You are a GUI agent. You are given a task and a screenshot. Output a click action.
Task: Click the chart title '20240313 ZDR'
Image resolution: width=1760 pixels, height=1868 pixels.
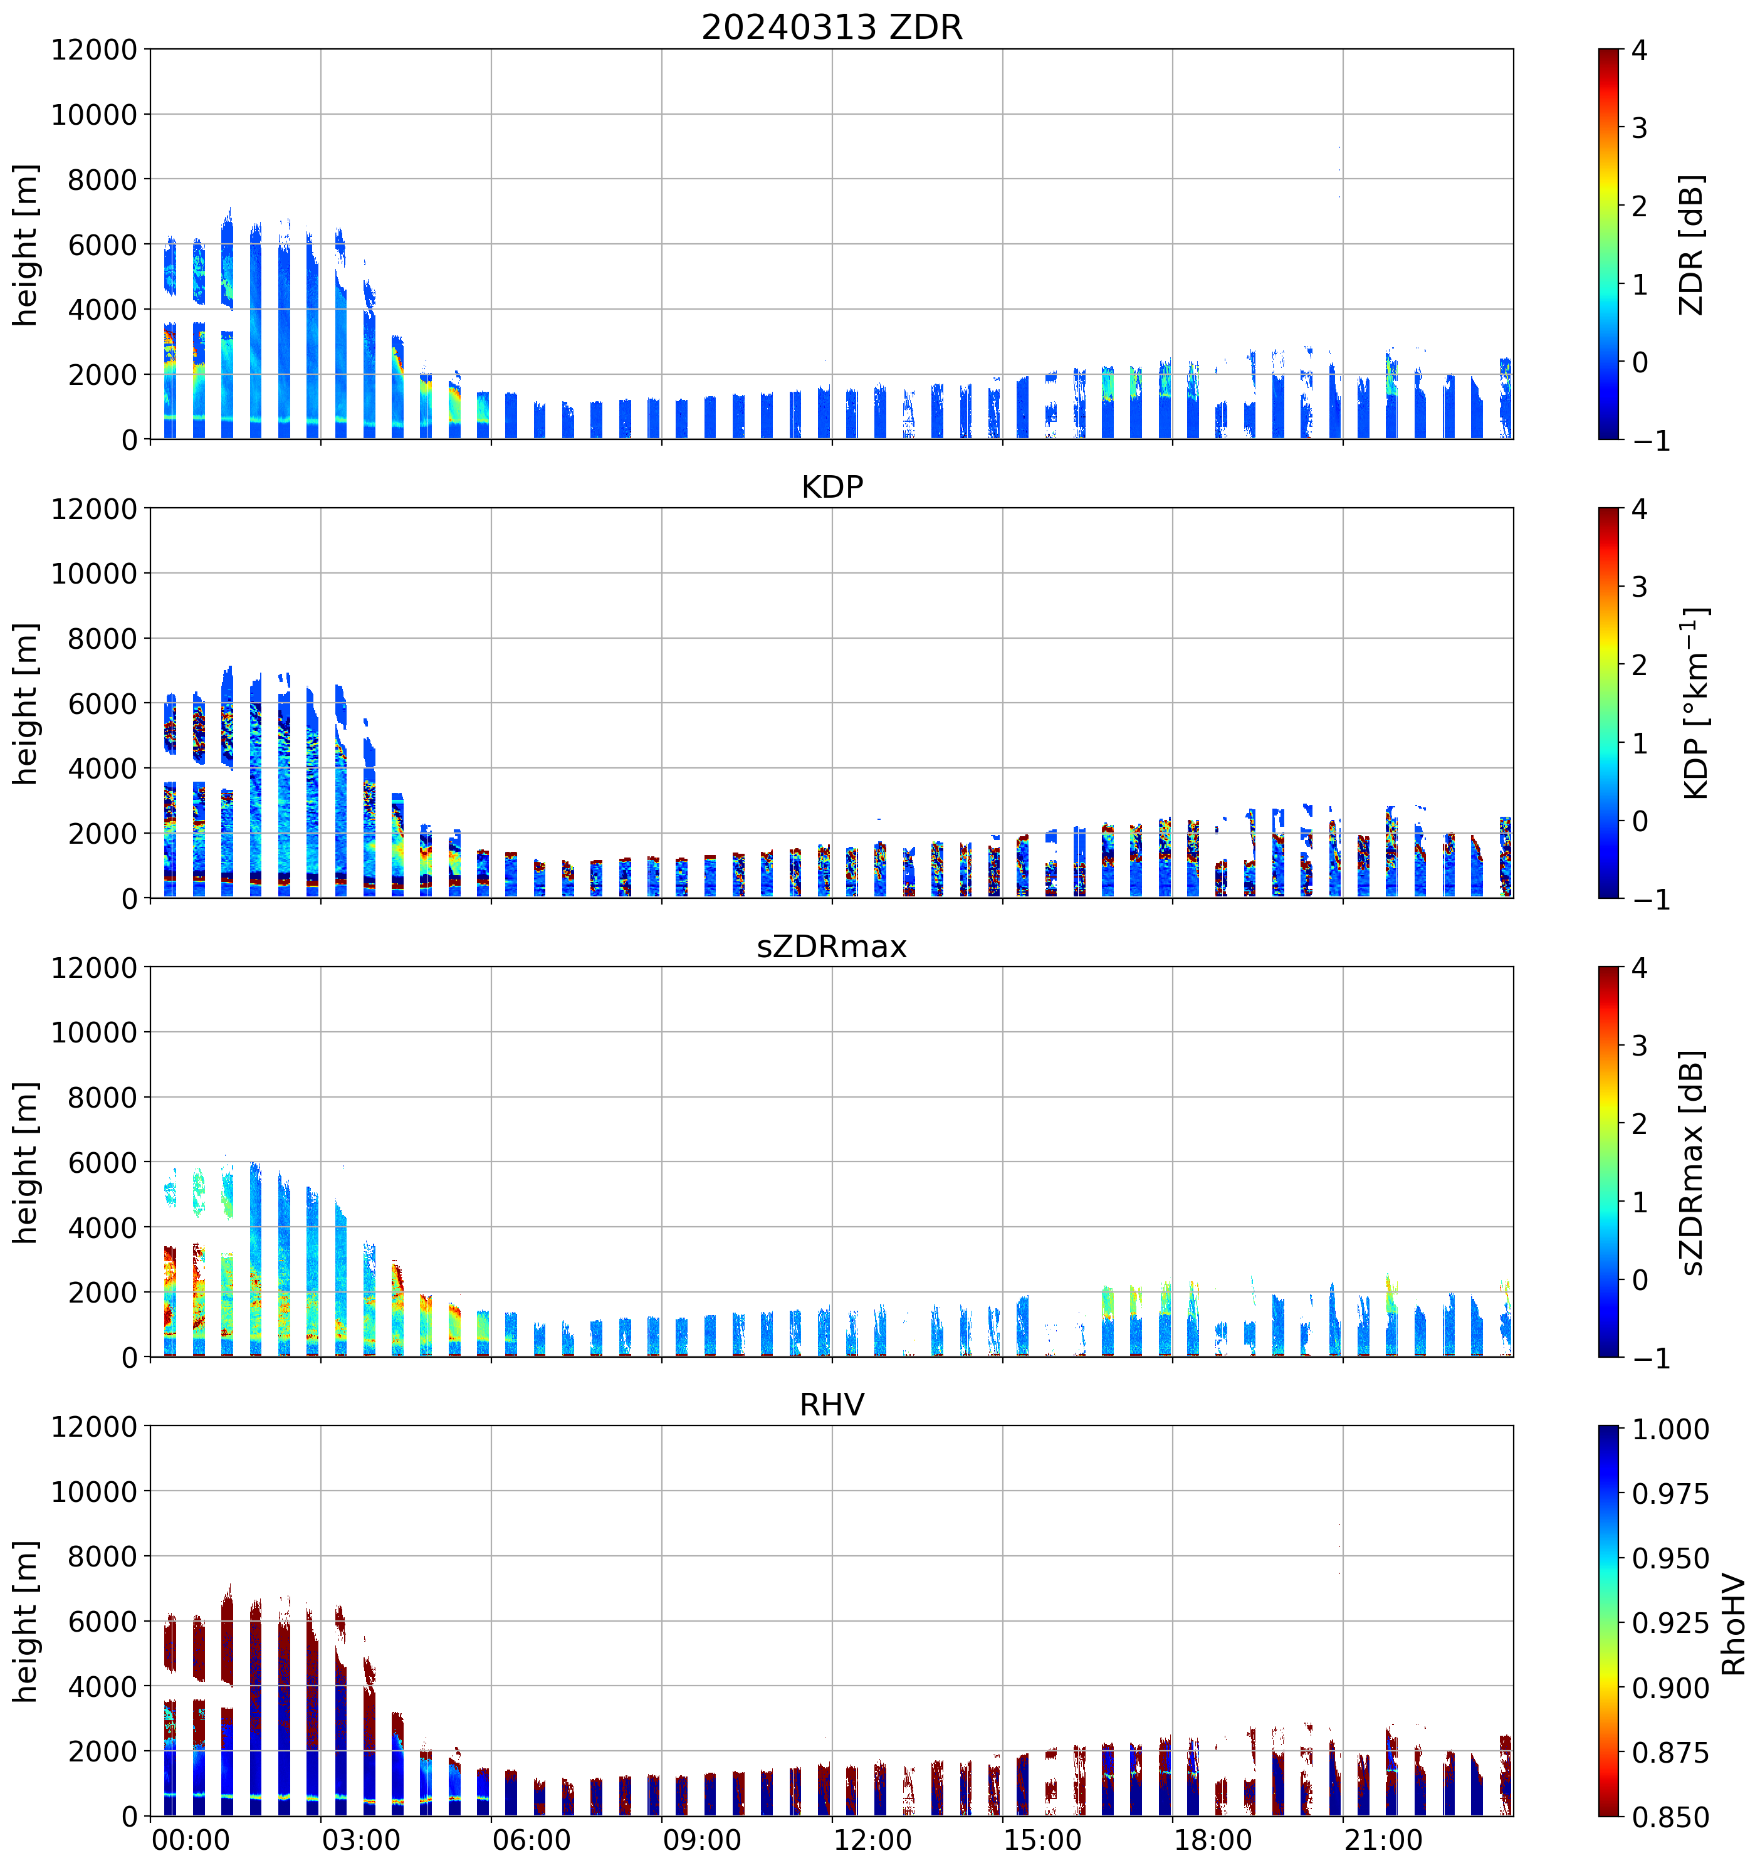832,27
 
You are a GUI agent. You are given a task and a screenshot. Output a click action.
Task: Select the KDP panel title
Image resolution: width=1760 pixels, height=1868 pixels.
832,486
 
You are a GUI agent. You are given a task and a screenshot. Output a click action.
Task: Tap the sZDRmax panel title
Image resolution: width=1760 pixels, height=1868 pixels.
832,946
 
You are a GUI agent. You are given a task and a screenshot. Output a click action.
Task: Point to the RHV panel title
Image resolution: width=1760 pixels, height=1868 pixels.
832,1405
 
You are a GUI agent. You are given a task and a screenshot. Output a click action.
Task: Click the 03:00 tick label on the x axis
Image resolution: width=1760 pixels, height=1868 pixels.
361,1840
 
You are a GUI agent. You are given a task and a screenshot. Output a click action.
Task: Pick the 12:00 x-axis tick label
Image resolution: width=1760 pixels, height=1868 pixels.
872,1840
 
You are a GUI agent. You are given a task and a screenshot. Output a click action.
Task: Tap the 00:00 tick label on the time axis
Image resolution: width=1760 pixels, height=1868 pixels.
191,1840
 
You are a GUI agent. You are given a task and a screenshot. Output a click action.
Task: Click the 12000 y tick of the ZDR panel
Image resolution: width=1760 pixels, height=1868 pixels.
94,50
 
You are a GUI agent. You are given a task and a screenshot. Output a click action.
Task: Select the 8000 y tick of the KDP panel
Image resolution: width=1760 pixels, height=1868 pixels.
102,639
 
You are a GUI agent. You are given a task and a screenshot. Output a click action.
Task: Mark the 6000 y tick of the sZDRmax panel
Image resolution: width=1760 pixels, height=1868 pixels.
102,1162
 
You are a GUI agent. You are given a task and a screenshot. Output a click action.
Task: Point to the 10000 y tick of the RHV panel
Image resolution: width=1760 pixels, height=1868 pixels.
94,1492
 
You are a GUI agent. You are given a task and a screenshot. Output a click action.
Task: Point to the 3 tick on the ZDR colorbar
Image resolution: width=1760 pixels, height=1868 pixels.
1639,128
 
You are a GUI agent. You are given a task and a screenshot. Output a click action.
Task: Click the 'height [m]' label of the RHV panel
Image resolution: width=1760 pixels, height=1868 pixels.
26,1621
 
